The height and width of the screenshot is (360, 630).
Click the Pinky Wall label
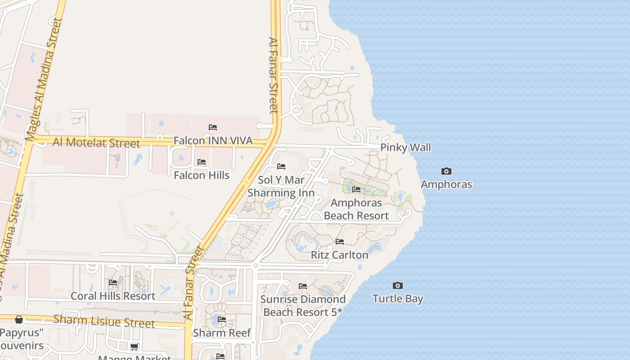point(405,147)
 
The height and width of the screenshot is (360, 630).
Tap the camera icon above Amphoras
point(446,171)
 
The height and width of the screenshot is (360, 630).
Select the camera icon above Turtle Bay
point(397,285)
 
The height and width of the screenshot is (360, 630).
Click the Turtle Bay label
point(398,298)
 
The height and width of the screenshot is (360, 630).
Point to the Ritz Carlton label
point(339,255)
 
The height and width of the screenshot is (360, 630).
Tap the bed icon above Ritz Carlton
point(340,242)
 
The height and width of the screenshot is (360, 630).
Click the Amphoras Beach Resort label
point(356,209)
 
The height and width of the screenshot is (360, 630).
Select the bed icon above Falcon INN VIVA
point(213,127)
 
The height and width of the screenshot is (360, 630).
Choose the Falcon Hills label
point(202,175)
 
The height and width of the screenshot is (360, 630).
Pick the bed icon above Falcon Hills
point(202,162)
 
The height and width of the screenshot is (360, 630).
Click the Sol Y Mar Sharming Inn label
point(281,186)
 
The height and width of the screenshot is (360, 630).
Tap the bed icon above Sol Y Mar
point(281,166)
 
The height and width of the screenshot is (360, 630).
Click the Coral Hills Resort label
point(113,296)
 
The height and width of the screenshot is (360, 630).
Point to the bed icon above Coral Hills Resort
point(113,283)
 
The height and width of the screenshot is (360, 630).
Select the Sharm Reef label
point(221,333)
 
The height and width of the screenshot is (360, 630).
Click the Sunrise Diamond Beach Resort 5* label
point(303,306)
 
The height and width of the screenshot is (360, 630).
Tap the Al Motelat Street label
point(96,143)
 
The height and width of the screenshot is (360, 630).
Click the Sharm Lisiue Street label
point(104,321)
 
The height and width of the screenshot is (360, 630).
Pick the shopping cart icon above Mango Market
point(134,346)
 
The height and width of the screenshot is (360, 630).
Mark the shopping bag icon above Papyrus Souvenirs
point(19,319)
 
